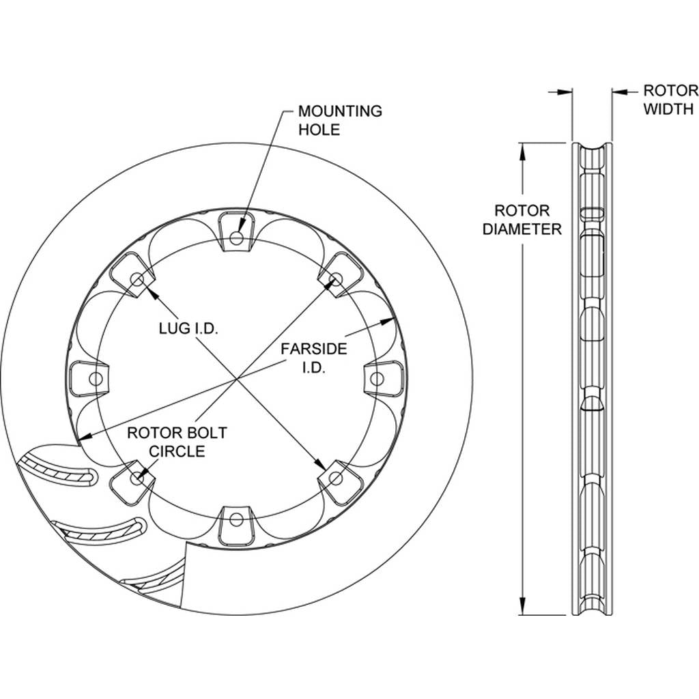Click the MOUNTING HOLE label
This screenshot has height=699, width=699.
(x=340, y=120)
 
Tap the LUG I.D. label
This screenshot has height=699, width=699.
(x=188, y=328)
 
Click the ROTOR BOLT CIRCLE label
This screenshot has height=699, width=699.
(x=177, y=442)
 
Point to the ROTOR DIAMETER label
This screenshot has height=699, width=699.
(x=522, y=220)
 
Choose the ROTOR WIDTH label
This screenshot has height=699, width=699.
(x=671, y=100)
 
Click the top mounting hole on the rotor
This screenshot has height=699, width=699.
(x=236, y=238)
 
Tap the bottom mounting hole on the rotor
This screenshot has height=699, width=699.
(x=236, y=519)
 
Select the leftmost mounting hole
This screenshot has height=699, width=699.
(x=96, y=379)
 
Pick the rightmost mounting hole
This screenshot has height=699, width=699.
(x=377, y=379)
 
